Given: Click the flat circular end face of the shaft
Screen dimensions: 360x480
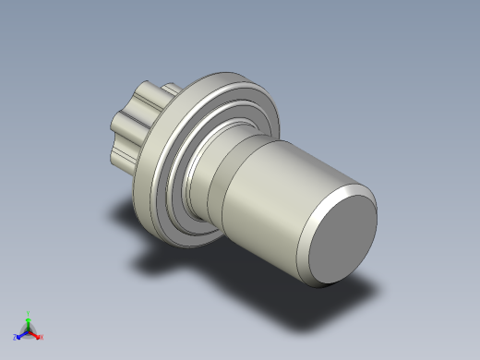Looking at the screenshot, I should coord(342,241).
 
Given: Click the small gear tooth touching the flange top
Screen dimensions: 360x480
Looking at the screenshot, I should coord(170,90).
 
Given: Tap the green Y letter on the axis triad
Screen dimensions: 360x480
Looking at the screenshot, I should coord(29,314).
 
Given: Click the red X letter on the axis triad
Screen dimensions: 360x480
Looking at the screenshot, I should coord(42,337).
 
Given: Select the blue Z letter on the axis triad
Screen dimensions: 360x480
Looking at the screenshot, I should coord(16,338).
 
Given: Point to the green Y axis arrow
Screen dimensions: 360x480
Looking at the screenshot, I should coord(29,322).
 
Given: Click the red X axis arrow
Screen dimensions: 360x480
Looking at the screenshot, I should coord(35,334).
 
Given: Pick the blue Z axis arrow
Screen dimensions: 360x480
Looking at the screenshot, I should coord(22,334).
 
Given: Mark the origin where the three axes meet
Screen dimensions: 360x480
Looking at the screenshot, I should coord(29,330).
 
